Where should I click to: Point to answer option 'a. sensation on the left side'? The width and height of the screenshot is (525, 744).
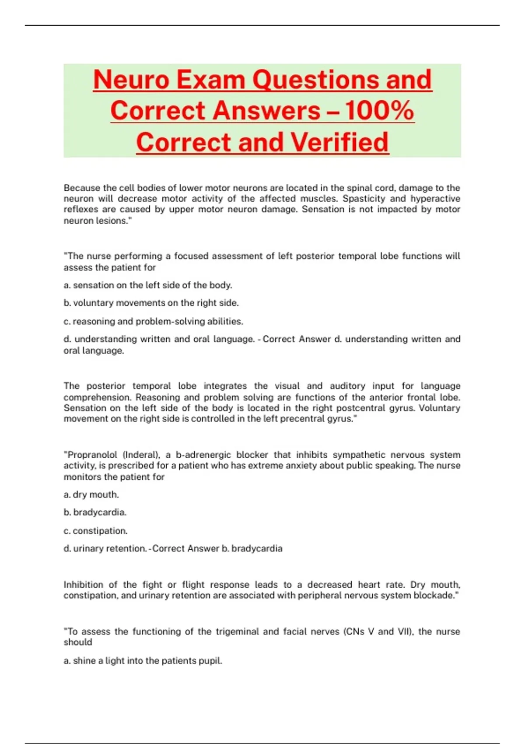click(x=148, y=285)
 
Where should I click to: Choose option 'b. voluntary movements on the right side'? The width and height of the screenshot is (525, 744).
click(x=151, y=303)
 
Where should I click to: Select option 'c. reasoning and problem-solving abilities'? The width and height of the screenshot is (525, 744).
click(x=153, y=321)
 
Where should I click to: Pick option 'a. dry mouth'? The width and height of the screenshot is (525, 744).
click(x=91, y=495)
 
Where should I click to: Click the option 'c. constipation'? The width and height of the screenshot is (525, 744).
click(x=96, y=531)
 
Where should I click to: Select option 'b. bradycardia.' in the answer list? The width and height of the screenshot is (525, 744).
click(x=95, y=512)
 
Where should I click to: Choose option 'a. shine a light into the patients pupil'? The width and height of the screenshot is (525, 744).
click(x=143, y=661)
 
